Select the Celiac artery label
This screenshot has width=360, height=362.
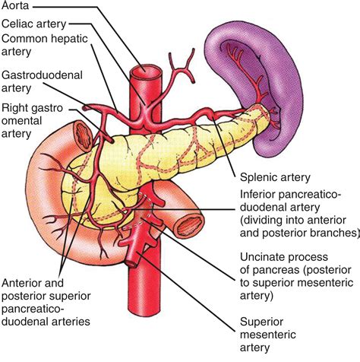point(33,24)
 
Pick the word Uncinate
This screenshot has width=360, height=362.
point(263,258)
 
